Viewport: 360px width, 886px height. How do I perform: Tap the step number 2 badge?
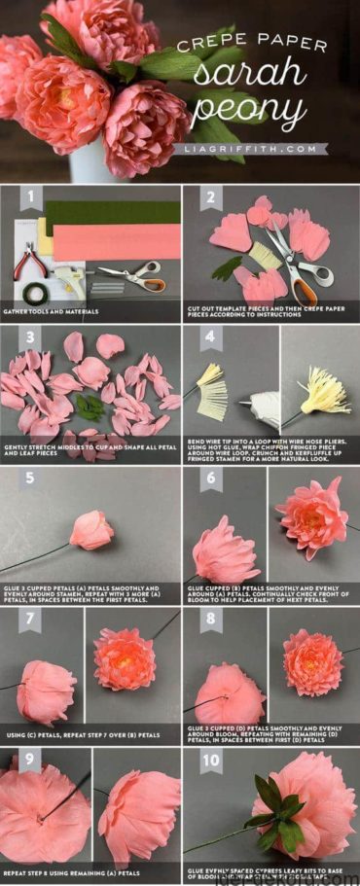tap(208, 199)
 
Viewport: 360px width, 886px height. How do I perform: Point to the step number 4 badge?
tap(208, 337)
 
